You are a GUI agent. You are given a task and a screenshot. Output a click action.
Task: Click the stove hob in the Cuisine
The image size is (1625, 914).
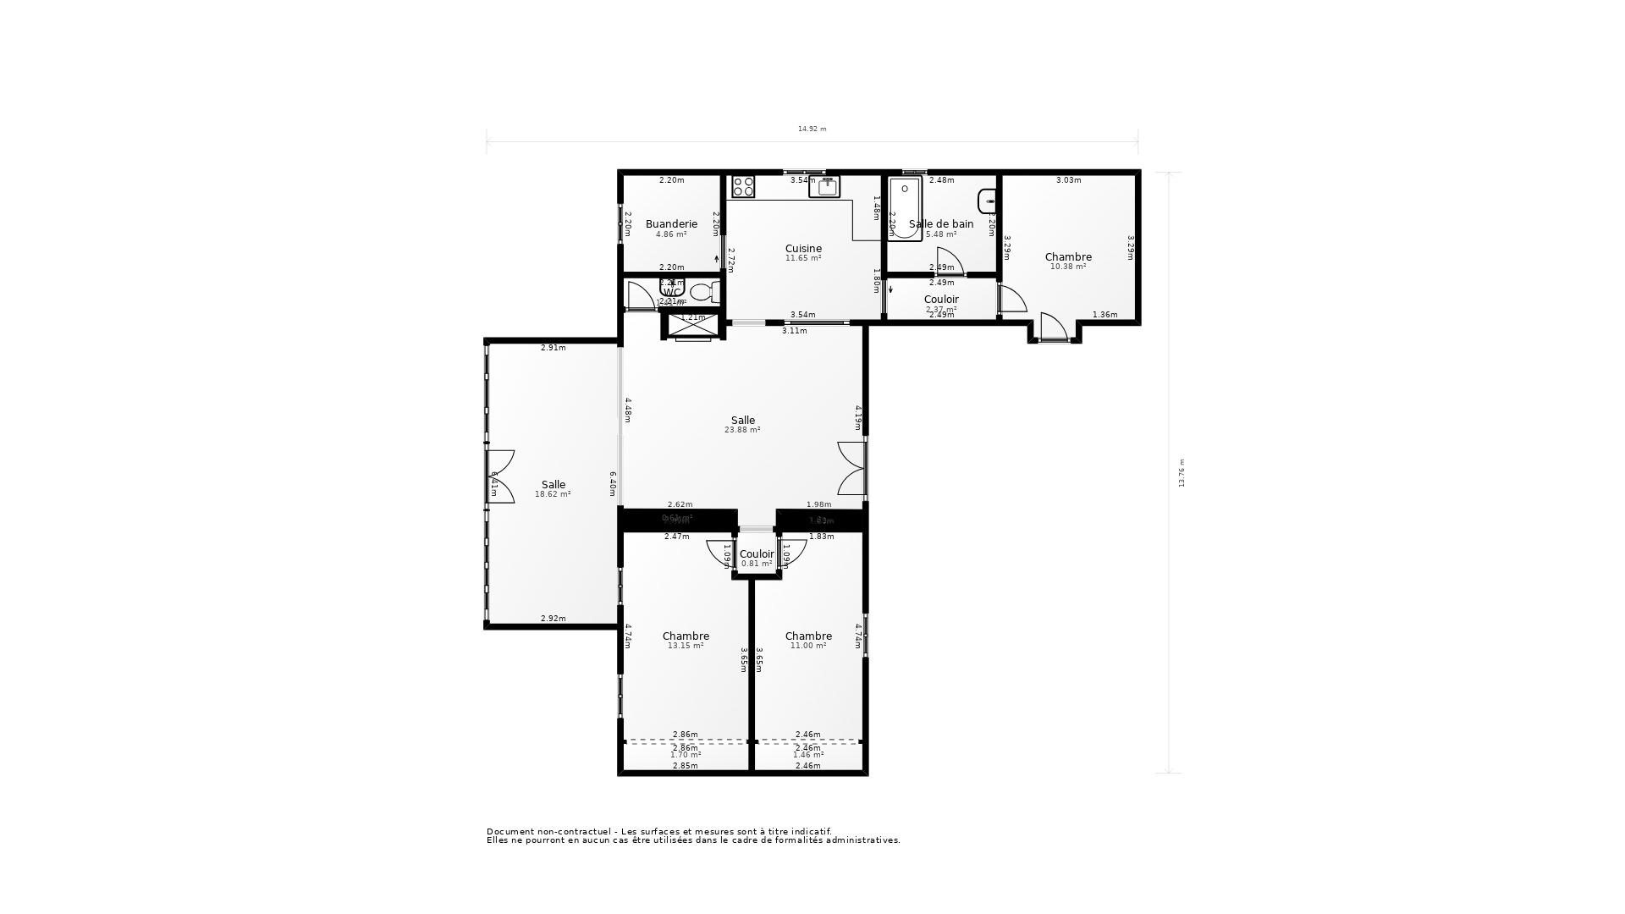click(743, 186)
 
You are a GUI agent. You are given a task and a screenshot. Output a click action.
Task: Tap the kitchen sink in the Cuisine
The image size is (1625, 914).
click(824, 187)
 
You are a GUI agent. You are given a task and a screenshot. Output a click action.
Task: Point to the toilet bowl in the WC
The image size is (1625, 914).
click(701, 293)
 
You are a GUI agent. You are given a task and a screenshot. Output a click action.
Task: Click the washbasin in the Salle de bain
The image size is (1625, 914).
click(987, 201)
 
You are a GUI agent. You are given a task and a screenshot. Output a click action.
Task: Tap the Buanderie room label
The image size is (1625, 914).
click(671, 224)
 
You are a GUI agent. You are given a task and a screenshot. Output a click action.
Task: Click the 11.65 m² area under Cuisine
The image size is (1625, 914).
click(802, 258)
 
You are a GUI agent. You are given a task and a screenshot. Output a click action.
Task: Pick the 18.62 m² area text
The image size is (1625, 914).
click(553, 494)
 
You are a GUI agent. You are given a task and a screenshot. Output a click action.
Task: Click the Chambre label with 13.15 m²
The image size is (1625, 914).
click(686, 636)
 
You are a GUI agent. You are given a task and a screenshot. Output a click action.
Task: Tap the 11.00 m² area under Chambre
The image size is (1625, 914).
click(807, 646)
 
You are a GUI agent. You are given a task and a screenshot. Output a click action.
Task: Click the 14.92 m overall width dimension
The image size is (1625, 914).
click(812, 129)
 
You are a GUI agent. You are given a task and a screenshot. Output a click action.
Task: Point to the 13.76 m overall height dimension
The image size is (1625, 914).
click(1182, 473)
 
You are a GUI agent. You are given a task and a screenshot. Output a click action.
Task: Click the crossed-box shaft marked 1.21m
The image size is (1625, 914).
click(693, 326)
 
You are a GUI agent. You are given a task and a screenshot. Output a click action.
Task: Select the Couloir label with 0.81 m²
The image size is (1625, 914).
click(756, 554)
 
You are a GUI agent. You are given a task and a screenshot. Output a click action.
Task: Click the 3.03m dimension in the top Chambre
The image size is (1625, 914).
click(1068, 180)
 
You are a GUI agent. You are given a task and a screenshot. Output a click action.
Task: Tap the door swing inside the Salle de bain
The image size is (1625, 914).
click(948, 260)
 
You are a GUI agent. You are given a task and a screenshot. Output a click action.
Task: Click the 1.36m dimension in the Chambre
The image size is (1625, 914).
click(1104, 315)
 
